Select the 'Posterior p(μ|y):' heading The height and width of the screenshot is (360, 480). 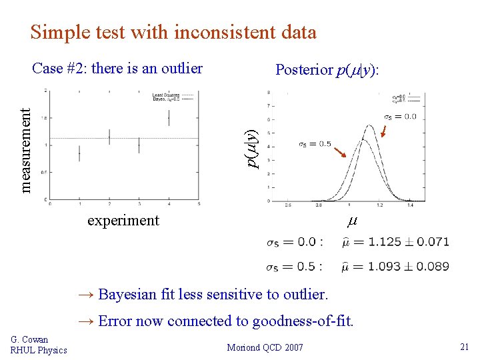[x=327, y=70]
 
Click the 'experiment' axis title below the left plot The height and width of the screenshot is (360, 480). [x=123, y=221]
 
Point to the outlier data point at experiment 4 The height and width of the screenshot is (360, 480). [x=169, y=117]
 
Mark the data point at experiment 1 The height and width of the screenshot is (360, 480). [x=79, y=153]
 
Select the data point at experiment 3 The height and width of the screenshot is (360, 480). [x=139, y=145]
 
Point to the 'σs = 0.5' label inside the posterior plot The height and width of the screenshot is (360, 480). [x=315, y=144]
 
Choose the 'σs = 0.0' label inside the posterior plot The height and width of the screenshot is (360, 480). [x=400, y=117]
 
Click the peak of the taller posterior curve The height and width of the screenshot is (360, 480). [x=368, y=125]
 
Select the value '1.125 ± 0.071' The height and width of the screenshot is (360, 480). [x=409, y=241]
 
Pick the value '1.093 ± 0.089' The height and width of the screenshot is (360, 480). [x=409, y=267]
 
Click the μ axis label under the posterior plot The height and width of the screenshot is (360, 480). [x=352, y=221]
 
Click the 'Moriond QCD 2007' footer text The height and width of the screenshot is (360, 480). [x=265, y=347]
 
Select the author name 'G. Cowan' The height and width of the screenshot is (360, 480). [x=30, y=340]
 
